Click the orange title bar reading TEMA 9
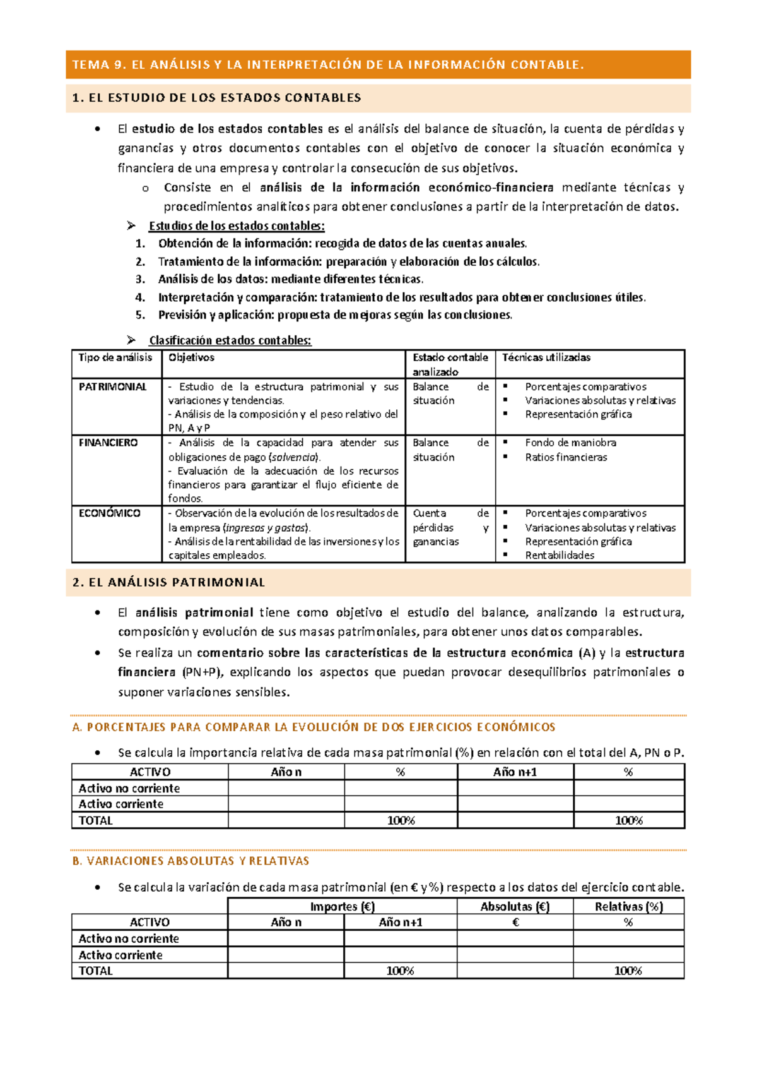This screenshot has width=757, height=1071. click(328, 64)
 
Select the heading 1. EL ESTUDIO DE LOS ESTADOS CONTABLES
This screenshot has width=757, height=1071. click(216, 98)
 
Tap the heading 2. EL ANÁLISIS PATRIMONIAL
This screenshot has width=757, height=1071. click(168, 582)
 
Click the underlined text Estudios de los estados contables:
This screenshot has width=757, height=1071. click(237, 226)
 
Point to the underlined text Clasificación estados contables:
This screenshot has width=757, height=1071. click(230, 340)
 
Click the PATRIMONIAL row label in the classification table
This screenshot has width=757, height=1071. click(112, 386)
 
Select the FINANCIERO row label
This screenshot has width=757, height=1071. click(108, 443)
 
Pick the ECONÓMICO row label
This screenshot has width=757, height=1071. click(109, 513)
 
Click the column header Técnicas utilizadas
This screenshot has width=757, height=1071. click(546, 357)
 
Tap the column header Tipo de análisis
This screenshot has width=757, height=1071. click(115, 357)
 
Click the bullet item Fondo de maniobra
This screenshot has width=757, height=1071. click(570, 443)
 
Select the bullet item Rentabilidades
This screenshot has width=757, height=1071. click(560, 555)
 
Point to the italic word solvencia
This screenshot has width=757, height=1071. click(294, 457)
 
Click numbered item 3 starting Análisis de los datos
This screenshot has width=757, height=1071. click(290, 279)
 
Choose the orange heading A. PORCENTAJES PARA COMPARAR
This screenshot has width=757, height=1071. click(314, 727)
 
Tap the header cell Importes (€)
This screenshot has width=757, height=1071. click(343, 907)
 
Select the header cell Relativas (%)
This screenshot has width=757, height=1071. click(628, 907)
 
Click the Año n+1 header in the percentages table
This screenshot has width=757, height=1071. click(515, 772)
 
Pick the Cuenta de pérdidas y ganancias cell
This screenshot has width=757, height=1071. click(450, 527)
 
